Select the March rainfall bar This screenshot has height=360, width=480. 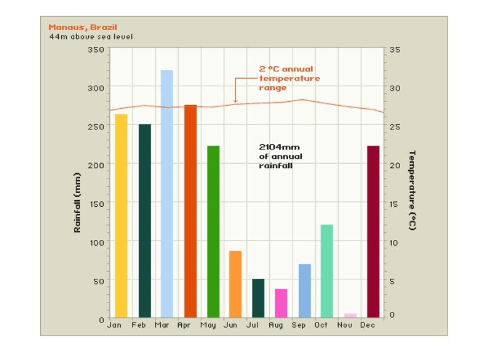coord(167,194)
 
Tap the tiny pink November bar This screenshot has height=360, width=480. coord(351,316)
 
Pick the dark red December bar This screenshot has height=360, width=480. coord(374,232)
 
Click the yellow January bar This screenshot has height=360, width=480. coord(121,216)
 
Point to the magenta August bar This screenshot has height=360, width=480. coord(281,303)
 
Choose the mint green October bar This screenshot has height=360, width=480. coord(327,271)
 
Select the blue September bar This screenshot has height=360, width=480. coord(304,291)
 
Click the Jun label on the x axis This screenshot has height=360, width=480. coord(230,326)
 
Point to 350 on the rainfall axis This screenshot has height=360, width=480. coord(96,49)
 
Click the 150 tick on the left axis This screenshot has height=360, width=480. coord(96,203)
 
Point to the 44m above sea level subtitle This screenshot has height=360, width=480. coord(91,36)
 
